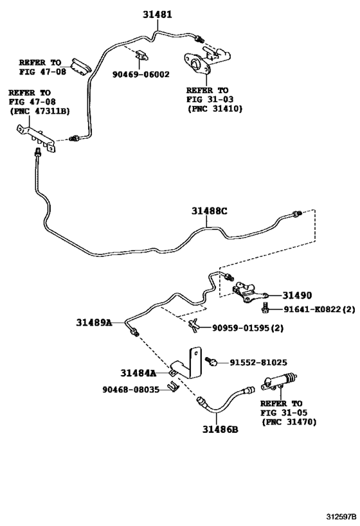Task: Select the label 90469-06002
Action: point(139,74)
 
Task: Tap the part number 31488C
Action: point(209,210)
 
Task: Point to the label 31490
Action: point(296,295)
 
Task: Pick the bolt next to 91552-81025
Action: point(214,362)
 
